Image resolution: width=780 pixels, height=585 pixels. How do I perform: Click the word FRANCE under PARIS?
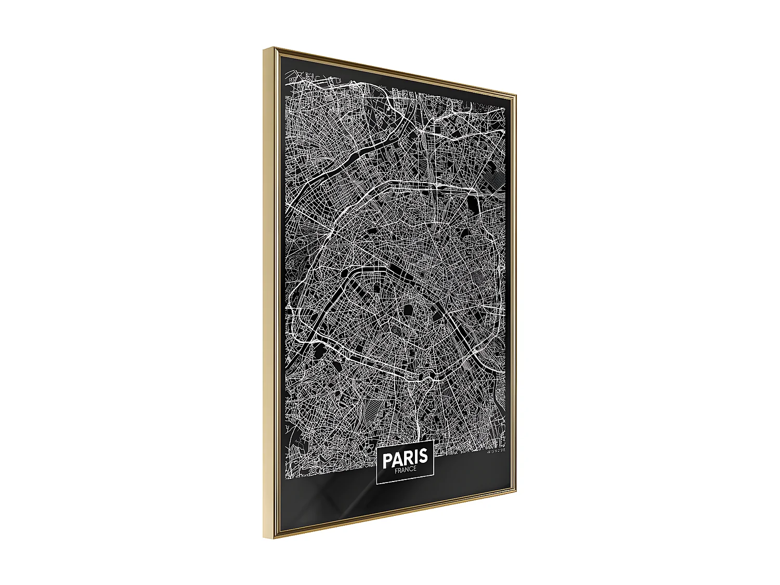pyautogui.click(x=405, y=470)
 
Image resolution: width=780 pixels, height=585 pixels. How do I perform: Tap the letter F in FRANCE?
pyautogui.click(x=396, y=471)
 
